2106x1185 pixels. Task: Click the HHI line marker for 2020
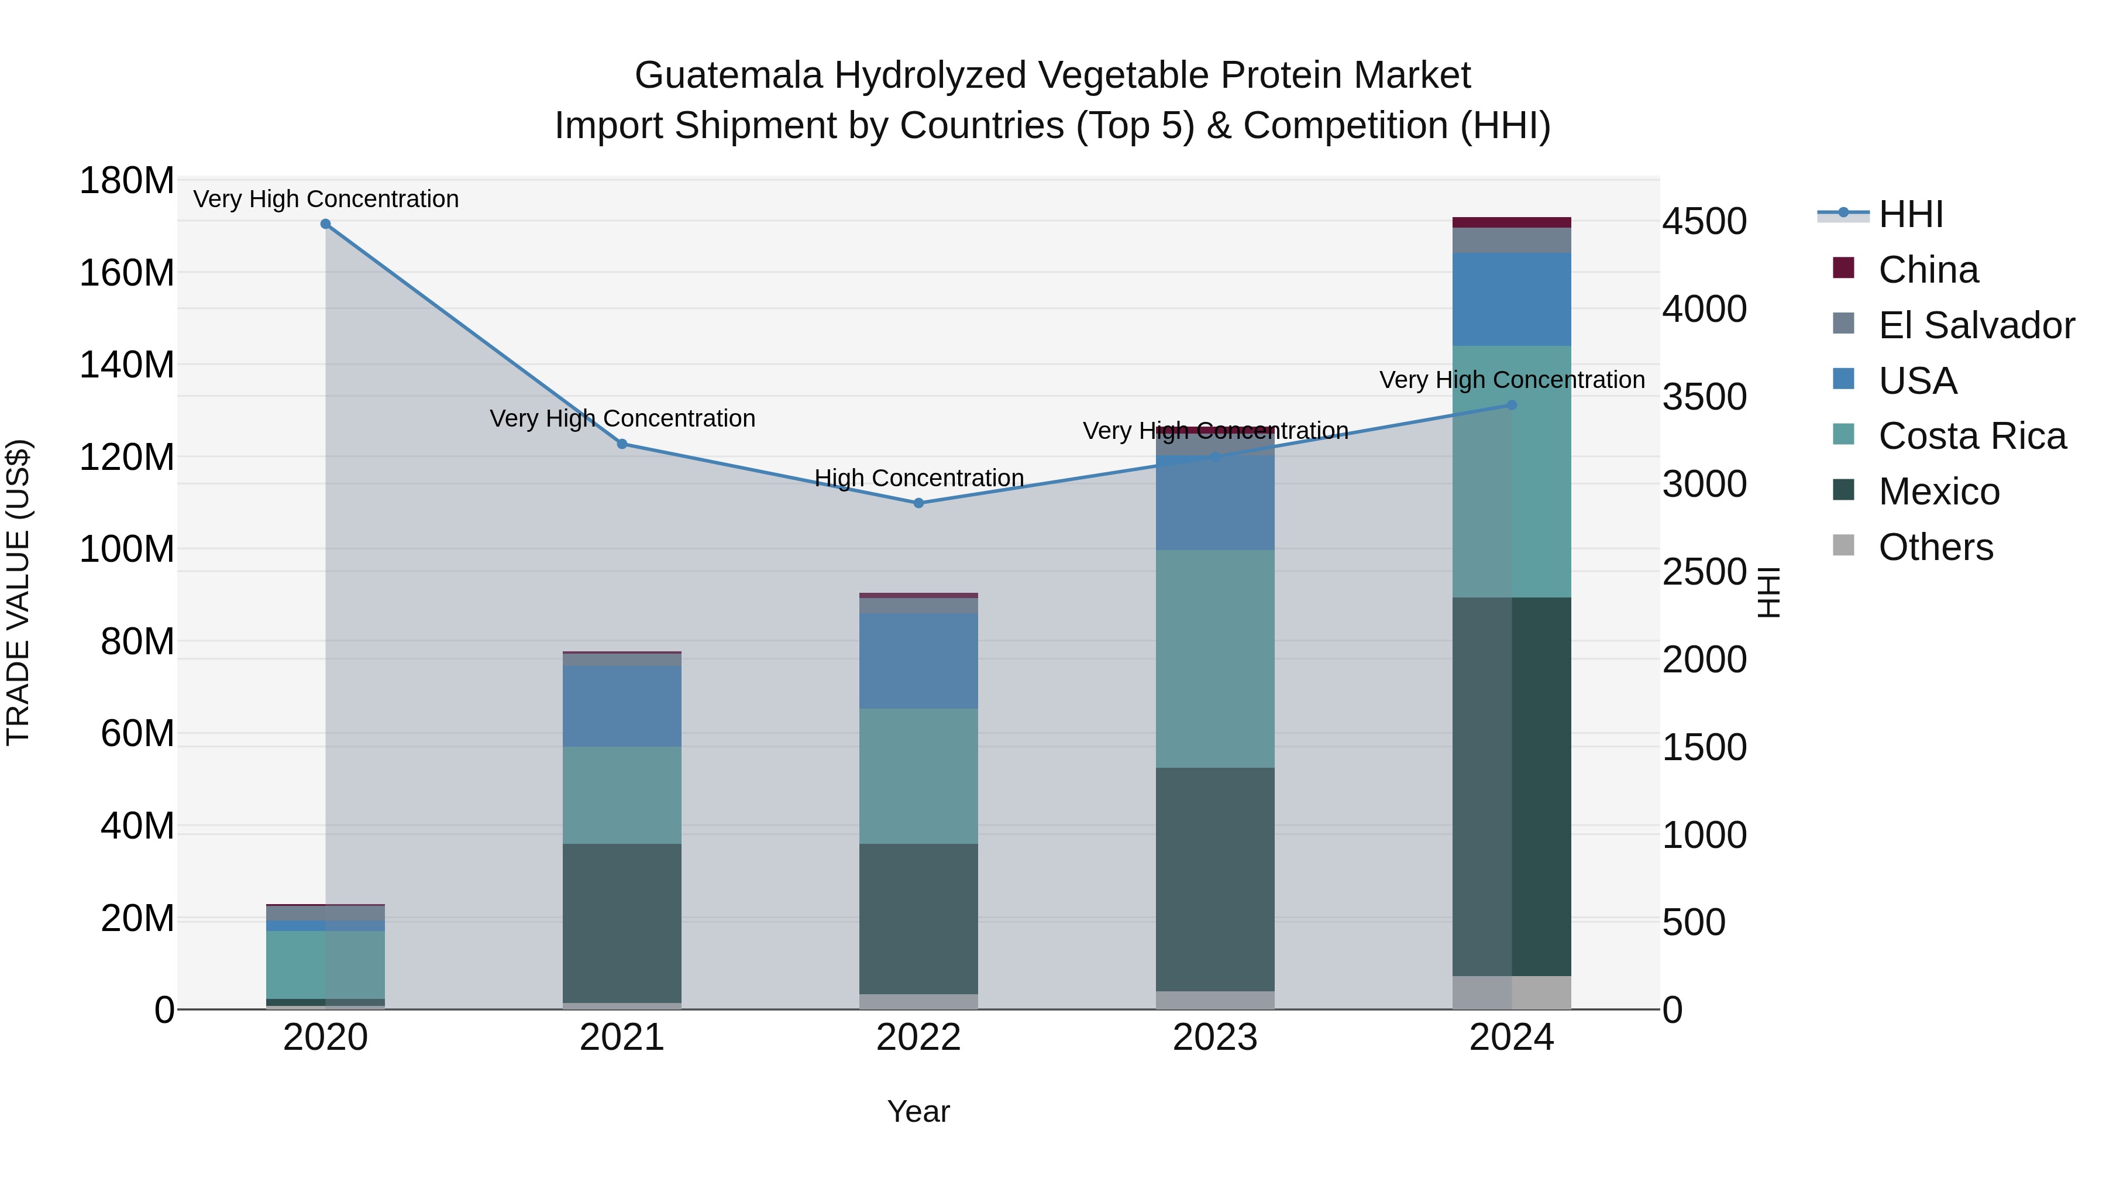[325, 224]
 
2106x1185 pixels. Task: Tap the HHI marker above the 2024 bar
[1511, 405]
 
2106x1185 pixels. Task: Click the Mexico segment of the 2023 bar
[1215, 879]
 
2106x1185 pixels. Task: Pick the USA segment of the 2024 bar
[1511, 298]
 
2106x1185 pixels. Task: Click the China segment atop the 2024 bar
[1511, 222]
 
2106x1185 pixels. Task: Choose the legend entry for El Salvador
[1976, 325]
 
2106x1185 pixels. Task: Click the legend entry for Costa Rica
[1971, 436]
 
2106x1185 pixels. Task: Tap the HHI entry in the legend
[1910, 214]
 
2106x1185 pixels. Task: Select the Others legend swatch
[1843, 545]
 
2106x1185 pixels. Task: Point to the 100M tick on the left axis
[127, 549]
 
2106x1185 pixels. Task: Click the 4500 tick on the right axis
[1705, 222]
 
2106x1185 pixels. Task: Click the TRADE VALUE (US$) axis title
[18, 592]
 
